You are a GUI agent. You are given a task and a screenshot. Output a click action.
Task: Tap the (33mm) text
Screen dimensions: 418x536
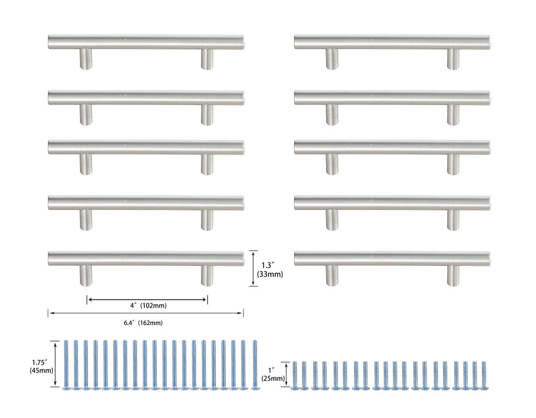[x=270, y=274]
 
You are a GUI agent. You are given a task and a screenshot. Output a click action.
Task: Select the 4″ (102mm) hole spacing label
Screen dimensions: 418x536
[x=148, y=306]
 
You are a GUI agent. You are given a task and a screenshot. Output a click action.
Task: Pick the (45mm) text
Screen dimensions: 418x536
[x=39, y=371]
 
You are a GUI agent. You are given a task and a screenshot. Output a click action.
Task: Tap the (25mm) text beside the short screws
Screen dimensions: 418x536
[x=273, y=378]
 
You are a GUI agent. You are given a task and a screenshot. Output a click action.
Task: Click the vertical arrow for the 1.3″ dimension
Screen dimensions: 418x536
[x=253, y=268]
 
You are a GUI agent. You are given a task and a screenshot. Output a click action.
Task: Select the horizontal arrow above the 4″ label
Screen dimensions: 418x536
[x=147, y=299]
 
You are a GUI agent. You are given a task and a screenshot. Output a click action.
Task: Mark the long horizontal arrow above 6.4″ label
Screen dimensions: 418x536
[x=146, y=313]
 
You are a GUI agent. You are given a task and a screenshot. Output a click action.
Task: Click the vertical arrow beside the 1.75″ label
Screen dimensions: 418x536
[x=55, y=363]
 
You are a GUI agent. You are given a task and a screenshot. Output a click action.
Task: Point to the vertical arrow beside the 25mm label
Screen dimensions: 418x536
[x=287, y=374]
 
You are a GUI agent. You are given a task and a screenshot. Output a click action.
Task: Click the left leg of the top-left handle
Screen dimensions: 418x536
[x=86, y=59]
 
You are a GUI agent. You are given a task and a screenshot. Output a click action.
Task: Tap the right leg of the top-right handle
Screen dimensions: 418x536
[x=453, y=59]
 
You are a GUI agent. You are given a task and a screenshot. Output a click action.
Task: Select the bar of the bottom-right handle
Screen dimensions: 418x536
[x=392, y=259]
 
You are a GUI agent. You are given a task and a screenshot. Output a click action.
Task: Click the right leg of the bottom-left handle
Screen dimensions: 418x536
[x=207, y=275]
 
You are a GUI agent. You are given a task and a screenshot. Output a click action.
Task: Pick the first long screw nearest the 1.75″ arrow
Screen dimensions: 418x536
[x=66, y=365]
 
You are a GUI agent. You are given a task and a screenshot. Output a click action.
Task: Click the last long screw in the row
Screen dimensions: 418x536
[x=255, y=365]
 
